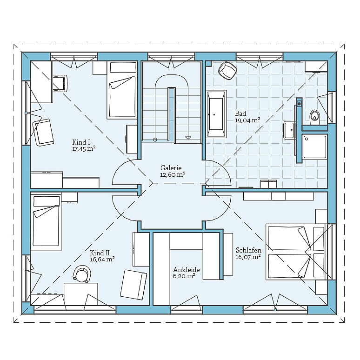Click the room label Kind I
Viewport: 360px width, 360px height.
[81, 142]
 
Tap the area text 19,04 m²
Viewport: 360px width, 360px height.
[247, 120]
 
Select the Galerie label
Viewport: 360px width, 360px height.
[171, 168]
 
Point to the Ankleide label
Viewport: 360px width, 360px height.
[187, 270]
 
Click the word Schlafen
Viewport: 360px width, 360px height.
[249, 250]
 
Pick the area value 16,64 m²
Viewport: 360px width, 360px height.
[102, 260]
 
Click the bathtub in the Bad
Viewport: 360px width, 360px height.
[216, 113]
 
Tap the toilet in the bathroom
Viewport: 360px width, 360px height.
[314, 117]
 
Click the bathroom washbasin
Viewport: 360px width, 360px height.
[289, 130]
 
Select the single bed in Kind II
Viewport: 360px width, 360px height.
[46, 222]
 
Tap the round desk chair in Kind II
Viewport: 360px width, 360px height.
[81, 273]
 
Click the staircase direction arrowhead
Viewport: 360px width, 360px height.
[188, 138]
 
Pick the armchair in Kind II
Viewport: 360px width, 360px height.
[133, 285]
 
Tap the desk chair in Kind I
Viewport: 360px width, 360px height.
[60, 84]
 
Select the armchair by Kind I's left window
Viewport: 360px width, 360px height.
[43, 133]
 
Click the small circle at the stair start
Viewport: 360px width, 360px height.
[155, 140]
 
